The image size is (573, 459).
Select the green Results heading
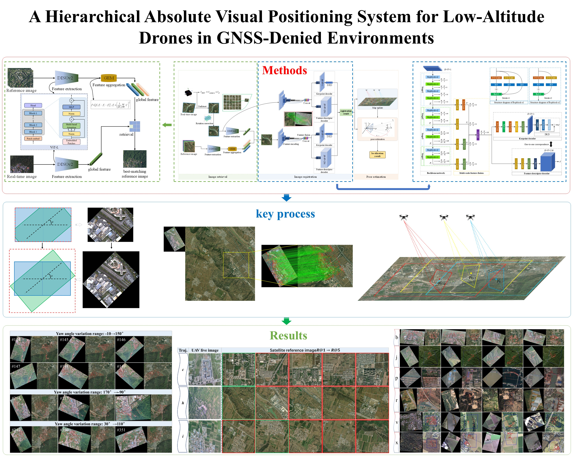288,336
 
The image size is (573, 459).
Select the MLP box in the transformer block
72,107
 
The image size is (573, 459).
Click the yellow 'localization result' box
377,155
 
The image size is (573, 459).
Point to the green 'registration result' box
346,112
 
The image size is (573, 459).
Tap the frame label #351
121,430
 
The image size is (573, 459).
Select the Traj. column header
183,350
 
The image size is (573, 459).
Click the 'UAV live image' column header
205,350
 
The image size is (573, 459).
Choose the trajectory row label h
183,403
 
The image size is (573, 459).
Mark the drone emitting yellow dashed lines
444,217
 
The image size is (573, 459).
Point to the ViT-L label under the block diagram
54,147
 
